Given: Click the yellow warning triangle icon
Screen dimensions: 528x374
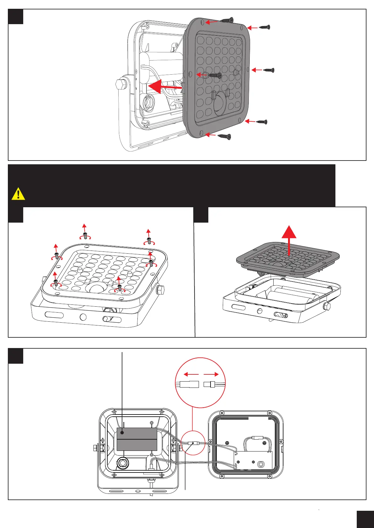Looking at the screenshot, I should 19,194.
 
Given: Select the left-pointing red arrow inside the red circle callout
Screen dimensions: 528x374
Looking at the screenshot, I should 191,374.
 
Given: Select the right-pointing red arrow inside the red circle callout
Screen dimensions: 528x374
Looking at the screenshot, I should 211,374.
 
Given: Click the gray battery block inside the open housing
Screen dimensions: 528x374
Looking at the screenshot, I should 137,439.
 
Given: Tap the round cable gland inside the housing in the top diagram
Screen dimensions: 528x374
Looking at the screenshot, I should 148,103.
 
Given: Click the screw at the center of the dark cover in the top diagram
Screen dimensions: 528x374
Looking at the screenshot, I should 215,75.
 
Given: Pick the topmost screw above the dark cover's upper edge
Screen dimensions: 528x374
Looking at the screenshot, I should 227,20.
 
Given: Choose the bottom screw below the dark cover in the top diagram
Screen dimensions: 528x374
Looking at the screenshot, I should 225,136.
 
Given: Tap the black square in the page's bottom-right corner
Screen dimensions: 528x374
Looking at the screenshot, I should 365,519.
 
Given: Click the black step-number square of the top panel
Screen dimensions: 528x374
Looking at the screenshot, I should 15,17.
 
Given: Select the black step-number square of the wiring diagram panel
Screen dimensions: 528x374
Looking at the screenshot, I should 15,356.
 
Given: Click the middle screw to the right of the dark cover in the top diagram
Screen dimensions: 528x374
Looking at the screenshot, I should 269,70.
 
